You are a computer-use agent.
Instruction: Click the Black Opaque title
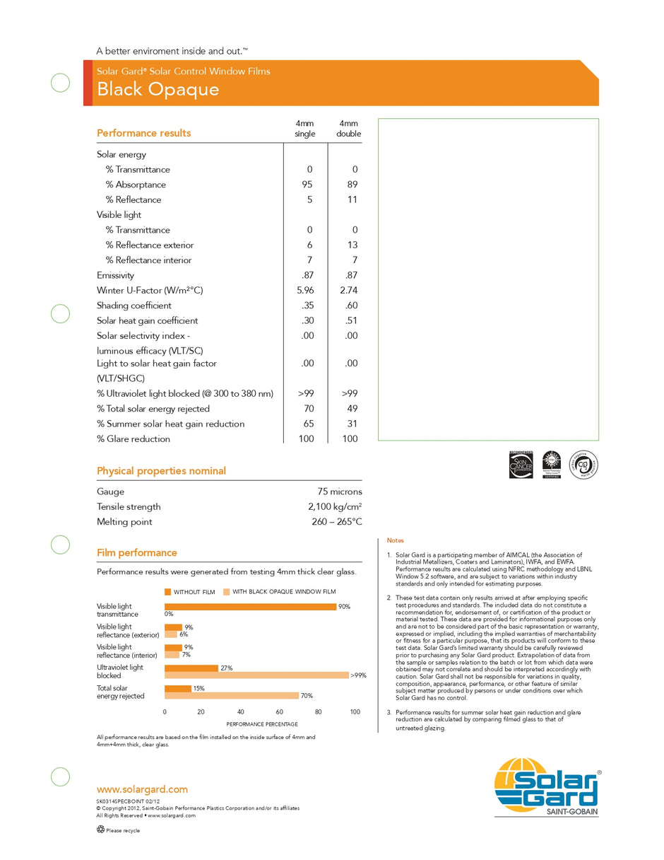coord(158,89)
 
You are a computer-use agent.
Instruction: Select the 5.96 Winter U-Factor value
coord(304,291)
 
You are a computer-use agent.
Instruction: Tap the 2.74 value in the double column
coord(350,291)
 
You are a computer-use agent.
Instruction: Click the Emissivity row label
coord(115,276)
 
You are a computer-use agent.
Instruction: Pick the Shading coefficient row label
coord(134,306)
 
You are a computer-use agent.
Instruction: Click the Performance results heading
coord(143,133)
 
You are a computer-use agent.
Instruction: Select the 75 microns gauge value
coord(340,492)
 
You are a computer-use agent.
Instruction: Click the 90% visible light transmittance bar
coord(250,607)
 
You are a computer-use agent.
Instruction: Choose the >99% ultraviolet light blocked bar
coord(256,675)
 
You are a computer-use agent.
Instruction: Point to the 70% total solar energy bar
coord(232,696)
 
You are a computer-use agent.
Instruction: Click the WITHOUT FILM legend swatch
coord(168,592)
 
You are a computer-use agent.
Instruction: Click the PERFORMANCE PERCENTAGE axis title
coord(262,724)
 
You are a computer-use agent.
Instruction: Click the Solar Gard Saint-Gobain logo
coord(547,786)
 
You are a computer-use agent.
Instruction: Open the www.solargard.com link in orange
coord(142,789)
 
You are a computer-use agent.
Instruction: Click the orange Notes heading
coord(395,540)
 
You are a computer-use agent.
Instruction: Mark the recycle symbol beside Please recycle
coord(100,830)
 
